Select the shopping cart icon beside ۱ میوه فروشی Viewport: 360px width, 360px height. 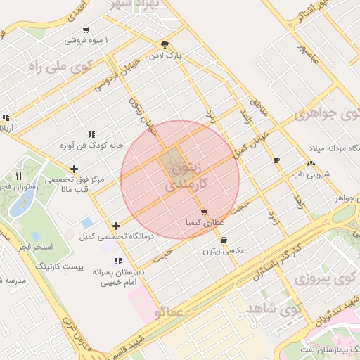pos(86,30)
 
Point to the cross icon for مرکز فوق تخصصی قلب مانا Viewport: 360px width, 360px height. pos(75,168)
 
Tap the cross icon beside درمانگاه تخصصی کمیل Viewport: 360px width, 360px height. pos(117,226)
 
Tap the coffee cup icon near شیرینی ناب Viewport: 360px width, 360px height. pos(276,160)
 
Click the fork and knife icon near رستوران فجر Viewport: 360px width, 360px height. pos(19,176)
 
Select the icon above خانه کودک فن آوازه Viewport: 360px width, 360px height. pos(91,134)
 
